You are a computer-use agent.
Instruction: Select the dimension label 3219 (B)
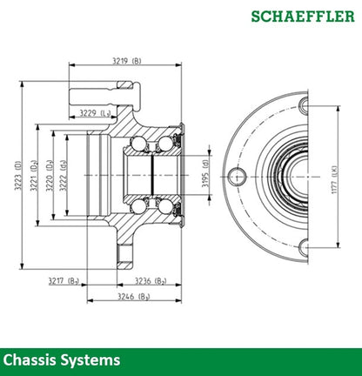pos(127,60)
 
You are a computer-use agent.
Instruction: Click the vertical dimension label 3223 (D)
pos(18,177)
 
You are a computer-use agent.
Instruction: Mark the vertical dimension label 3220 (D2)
pos(50,177)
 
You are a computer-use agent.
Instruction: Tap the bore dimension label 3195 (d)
pos(205,176)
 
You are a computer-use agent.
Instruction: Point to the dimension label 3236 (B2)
pos(151,279)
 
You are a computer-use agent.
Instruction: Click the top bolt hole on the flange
pos(304,106)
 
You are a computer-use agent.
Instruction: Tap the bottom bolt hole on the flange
pos(304,246)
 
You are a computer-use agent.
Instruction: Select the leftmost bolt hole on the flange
pos(236,177)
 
